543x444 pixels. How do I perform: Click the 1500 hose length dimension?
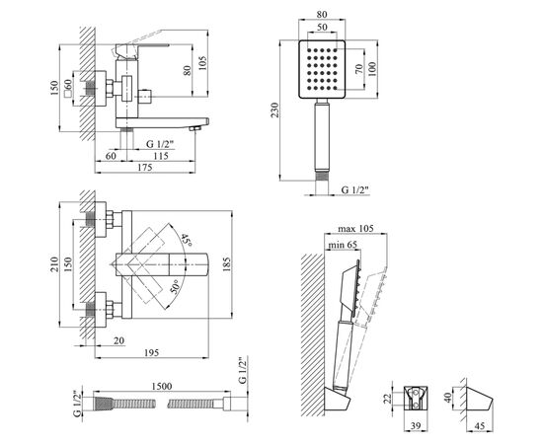pos(162,386)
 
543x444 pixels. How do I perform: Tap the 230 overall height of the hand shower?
pos(275,110)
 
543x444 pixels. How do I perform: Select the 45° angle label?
pos(187,240)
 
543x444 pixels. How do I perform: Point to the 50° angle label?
pos(176,287)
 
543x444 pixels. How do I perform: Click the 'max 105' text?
pos(355,228)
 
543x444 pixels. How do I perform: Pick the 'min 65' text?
pos(343,245)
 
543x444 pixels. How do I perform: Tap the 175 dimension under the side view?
pos(145,167)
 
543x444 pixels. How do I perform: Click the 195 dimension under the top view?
pos(151,352)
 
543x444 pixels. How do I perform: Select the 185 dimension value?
pos(226,264)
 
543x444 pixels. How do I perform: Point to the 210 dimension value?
pos(54,264)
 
